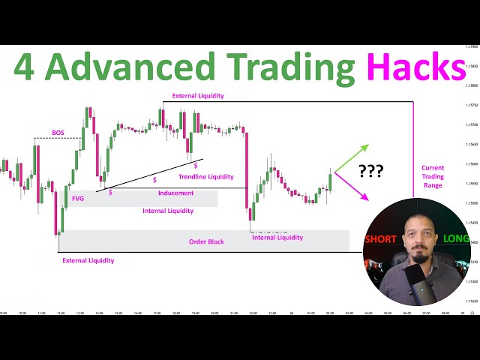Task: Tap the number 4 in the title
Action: pos(26,67)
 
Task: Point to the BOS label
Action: pos(58,133)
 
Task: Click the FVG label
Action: pos(78,199)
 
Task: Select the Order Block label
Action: pos(207,241)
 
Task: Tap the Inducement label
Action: pos(175,193)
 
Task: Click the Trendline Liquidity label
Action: pos(206,177)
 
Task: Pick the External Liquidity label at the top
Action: pos(198,96)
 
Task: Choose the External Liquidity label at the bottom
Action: pos(88,260)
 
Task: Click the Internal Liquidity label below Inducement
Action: pos(168,211)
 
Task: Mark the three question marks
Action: pos(370,171)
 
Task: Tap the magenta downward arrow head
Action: pos(365,198)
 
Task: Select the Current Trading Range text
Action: pos(433,176)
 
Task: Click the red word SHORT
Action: pos(380,239)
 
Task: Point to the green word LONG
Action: pos(456,239)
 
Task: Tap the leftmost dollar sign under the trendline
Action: pos(110,193)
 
